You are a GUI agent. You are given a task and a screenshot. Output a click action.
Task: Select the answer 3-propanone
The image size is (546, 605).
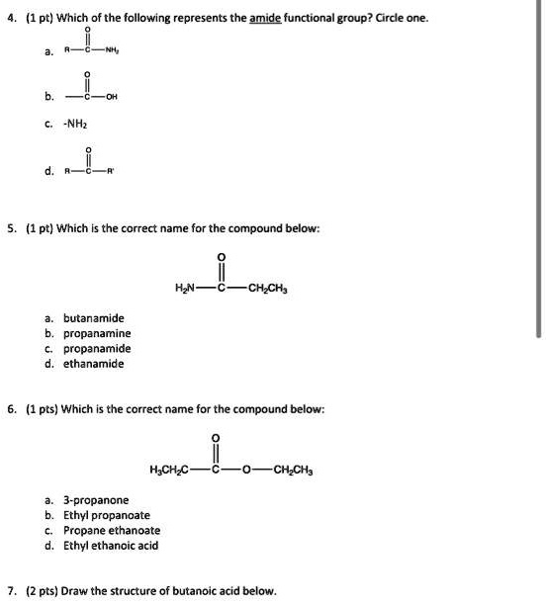[x=93, y=500]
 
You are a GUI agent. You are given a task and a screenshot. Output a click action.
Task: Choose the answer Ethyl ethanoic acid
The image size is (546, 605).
[x=112, y=545]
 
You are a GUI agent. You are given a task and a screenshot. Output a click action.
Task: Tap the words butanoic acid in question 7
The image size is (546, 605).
[x=200, y=591]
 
